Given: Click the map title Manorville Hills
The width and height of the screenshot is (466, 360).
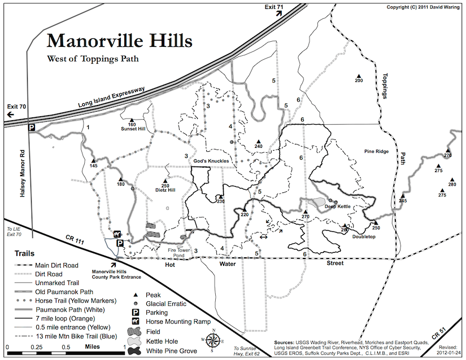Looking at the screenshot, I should click(x=119, y=41).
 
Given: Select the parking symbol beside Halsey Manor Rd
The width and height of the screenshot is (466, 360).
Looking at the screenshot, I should click(x=32, y=128).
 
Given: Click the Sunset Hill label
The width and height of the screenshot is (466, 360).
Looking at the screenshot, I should click(x=133, y=129).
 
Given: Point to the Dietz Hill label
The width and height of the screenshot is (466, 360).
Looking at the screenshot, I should click(x=164, y=190).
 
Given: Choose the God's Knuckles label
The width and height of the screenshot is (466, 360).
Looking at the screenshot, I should click(x=211, y=161).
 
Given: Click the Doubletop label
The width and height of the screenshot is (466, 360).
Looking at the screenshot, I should click(x=364, y=236).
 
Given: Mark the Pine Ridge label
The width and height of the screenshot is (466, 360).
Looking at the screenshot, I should click(x=377, y=152).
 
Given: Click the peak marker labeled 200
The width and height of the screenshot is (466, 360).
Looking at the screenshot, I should click(x=358, y=76).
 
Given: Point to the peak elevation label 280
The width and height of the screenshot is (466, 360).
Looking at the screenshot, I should click(x=451, y=185).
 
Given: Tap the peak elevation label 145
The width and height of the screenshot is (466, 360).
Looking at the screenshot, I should click(x=93, y=165).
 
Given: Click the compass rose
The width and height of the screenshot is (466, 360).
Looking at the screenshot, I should click(x=214, y=340).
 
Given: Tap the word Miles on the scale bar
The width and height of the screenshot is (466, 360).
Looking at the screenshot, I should click(x=93, y=346).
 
